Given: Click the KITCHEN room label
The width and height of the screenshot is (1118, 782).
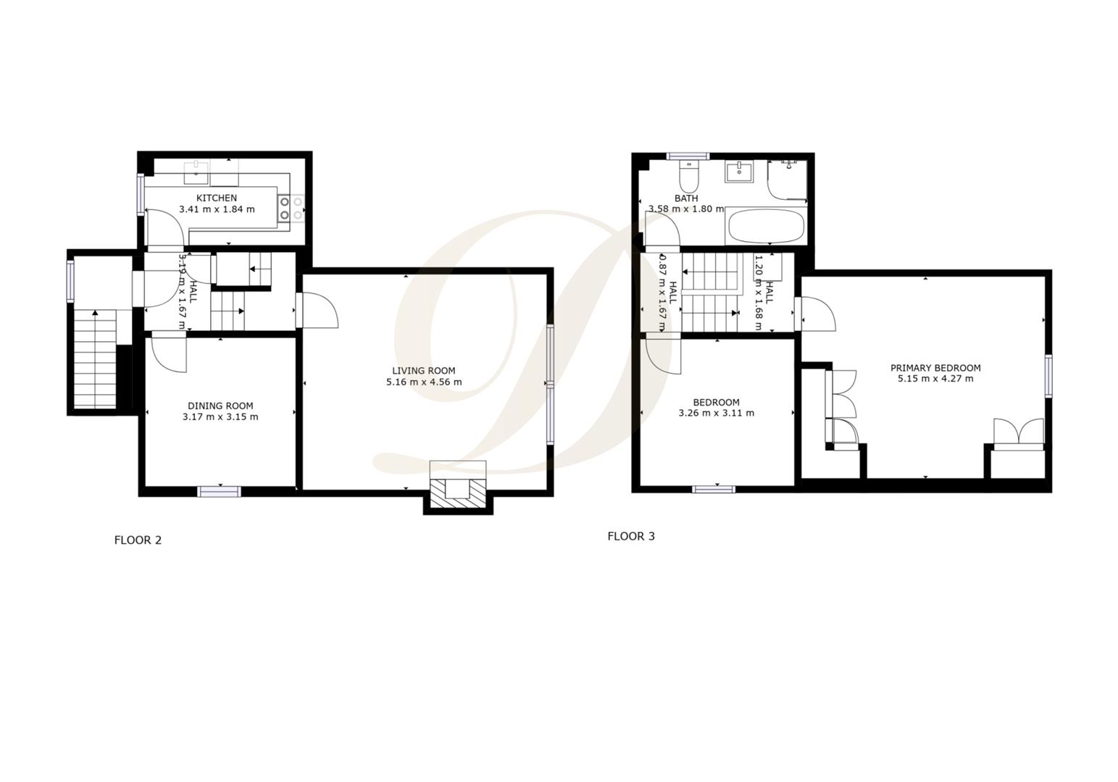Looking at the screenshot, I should click(x=217, y=198).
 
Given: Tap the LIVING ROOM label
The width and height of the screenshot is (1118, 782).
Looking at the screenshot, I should click(x=423, y=371).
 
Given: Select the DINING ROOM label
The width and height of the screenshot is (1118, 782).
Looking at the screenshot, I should click(x=220, y=405).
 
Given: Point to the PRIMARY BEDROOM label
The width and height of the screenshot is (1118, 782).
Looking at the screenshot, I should click(x=935, y=368).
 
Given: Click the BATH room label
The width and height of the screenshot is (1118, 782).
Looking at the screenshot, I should click(x=686, y=198).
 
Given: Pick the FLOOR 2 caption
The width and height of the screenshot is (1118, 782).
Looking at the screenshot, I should click(x=138, y=540).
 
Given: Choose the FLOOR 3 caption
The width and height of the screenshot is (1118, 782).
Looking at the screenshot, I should click(x=631, y=537).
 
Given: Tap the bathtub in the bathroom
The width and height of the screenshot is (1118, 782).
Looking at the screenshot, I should click(x=766, y=227).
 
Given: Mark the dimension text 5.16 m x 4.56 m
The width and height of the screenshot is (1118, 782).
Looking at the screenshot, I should click(x=424, y=382).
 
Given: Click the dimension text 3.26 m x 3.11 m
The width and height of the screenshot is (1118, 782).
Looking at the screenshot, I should click(x=716, y=413).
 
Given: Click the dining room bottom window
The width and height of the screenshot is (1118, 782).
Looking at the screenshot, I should click(x=220, y=492).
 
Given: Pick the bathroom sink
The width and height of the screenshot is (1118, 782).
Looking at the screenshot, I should click(x=738, y=172).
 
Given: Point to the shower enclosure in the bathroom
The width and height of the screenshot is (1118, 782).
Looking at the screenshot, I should click(x=788, y=180).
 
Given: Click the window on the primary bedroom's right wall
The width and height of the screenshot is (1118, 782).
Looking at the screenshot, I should click(x=1048, y=376).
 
